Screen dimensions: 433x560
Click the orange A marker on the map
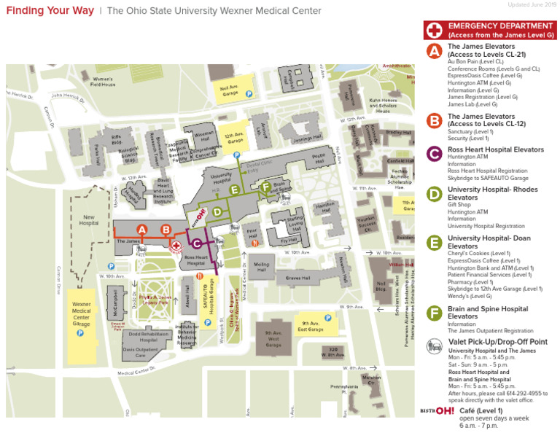tap(142, 230)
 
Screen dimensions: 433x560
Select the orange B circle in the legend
tap(434, 121)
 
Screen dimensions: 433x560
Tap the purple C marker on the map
tap(196, 243)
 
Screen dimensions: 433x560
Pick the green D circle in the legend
tap(434, 193)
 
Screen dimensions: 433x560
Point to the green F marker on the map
tap(266, 187)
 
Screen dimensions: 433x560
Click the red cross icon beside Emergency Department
tap(435, 30)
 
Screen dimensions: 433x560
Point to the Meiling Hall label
tap(261, 265)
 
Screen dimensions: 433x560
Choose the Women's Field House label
tap(102, 82)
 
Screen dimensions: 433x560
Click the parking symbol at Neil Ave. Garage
tap(249, 93)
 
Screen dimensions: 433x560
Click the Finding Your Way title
tap(50, 11)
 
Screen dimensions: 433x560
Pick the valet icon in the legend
tap(435, 346)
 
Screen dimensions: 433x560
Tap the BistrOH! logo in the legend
tap(437, 411)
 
